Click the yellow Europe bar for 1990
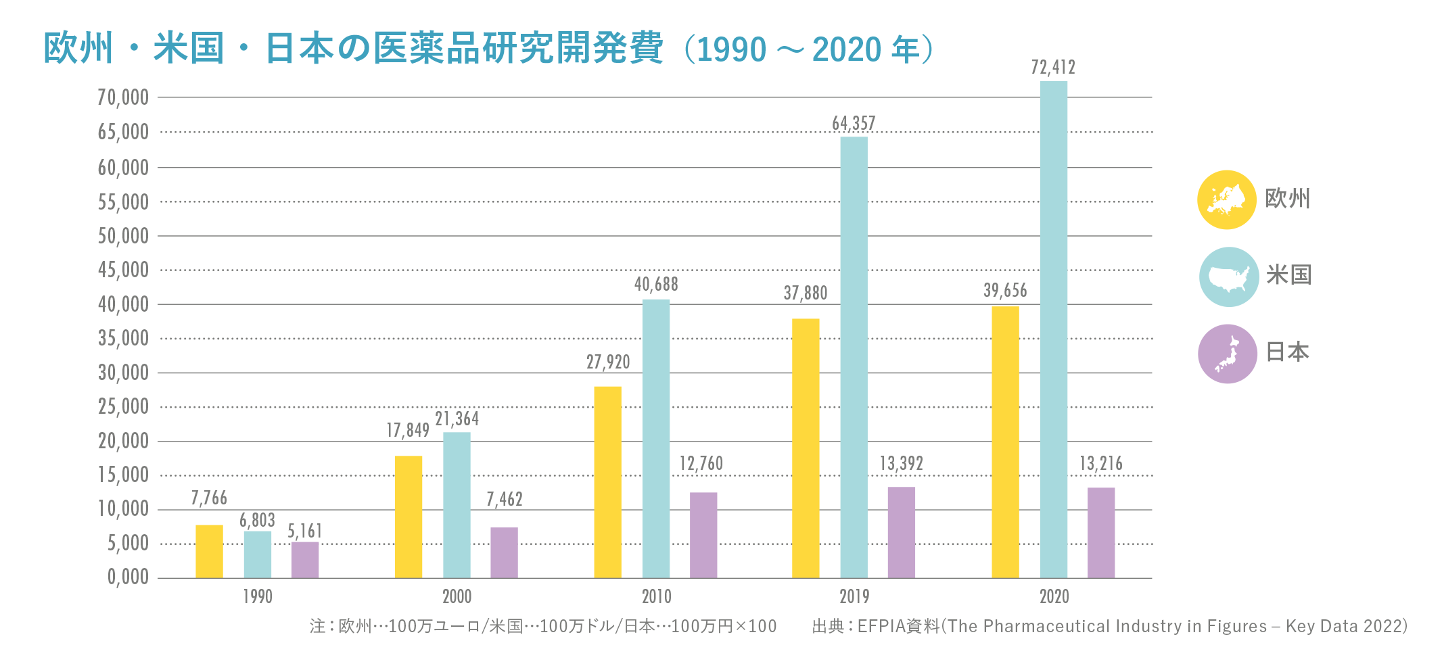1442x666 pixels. tap(209, 551)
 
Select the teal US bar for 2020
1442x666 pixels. tap(1053, 329)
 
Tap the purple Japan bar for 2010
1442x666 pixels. tap(703, 535)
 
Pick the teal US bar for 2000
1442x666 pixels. tap(457, 505)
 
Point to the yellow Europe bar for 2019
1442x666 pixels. tap(806, 448)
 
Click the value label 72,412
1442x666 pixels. tap(1053, 68)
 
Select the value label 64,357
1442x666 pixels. tap(854, 124)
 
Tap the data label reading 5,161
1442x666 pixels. tap(305, 531)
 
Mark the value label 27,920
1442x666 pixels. tap(608, 362)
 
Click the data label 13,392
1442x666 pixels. tap(901, 464)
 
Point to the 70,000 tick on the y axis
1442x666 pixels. tap(123, 98)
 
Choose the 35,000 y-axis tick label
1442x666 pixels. tap(123, 338)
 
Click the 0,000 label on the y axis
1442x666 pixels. tap(128, 577)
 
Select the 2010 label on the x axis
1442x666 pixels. tap(656, 597)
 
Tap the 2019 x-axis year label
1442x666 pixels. tap(854, 597)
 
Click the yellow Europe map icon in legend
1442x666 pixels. tap(1227, 200)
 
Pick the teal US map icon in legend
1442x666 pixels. tap(1228, 277)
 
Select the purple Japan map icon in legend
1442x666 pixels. tap(1228, 354)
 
